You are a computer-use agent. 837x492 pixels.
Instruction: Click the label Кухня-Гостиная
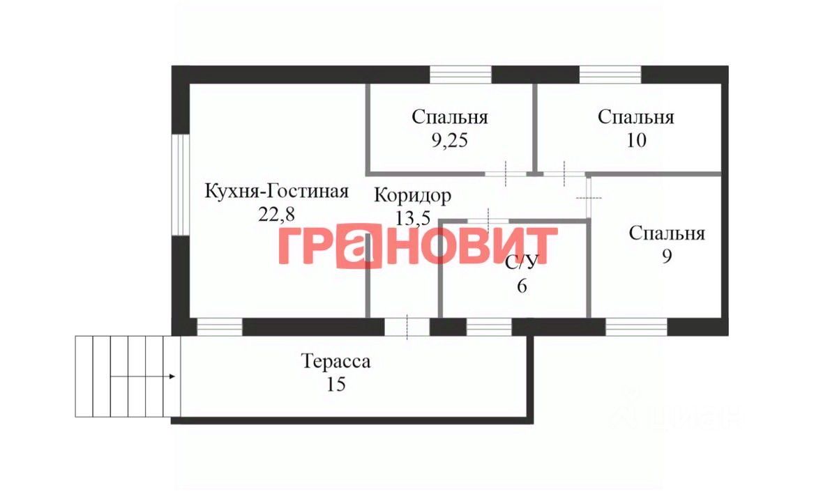(276, 191)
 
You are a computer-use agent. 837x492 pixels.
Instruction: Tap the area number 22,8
(276, 214)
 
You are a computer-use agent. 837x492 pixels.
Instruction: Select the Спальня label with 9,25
(450, 117)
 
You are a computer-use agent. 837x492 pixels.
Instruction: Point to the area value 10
(636, 140)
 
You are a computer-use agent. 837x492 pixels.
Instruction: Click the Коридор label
(412, 195)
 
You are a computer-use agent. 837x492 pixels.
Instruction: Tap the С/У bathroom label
(522, 263)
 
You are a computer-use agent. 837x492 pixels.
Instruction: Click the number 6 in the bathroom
(522, 286)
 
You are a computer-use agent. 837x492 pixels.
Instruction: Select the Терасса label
(335, 362)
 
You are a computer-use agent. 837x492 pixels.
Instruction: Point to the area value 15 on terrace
(335, 384)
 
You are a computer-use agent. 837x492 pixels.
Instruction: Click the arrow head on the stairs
(172, 377)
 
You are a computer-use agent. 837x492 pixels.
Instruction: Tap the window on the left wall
(181, 184)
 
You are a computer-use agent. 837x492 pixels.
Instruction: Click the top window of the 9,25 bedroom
(460, 74)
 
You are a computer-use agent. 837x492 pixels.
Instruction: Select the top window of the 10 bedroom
(610, 74)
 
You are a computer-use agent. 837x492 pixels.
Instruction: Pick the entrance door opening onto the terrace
(407, 327)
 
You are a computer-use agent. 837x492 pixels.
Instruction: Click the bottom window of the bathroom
(489, 327)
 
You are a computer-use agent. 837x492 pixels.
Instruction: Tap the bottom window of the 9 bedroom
(636, 327)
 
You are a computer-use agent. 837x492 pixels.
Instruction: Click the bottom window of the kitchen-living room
(220, 327)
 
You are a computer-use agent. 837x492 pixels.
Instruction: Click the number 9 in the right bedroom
(667, 256)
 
